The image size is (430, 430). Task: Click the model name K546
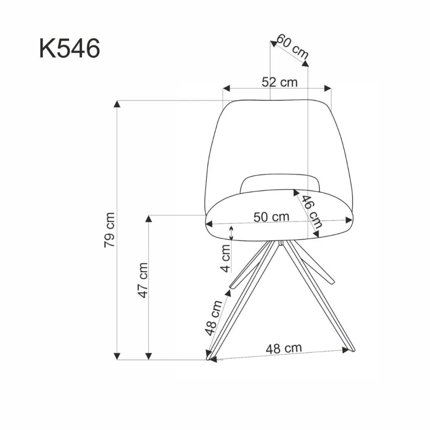tap(70, 48)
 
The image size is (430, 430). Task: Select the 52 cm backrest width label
tap(280, 82)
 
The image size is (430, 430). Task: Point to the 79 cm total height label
tap(110, 229)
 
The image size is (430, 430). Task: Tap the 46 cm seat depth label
tap(312, 212)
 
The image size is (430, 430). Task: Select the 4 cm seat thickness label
tap(225, 258)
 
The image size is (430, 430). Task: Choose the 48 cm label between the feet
tap(283, 348)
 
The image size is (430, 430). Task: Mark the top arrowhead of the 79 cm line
tap(117, 104)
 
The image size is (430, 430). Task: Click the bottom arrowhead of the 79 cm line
tap(117, 356)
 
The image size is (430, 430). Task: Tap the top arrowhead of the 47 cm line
tap(149, 218)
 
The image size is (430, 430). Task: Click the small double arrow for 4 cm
tap(232, 233)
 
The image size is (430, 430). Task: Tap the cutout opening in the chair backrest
tap(280, 183)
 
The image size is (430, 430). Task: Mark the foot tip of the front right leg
tap(353, 349)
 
